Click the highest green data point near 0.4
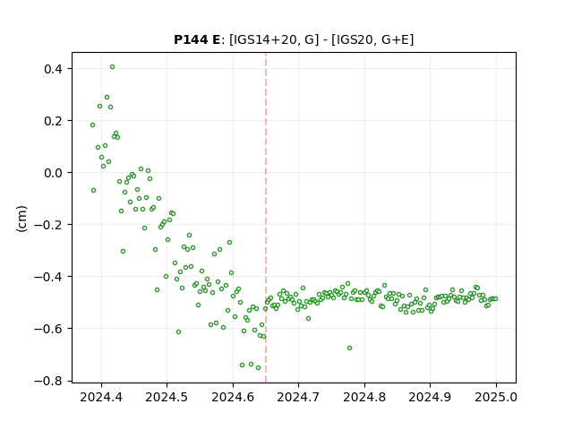click(x=112, y=67)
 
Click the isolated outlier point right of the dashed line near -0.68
click(x=349, y=348)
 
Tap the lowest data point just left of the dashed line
click(x=258, y=368)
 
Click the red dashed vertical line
click(x=266, y=218)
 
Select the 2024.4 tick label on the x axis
click(x=101, y=397)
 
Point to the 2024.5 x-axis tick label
click(x=167, y=397)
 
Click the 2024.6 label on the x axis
click(x=233, y=397)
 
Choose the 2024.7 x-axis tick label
click(x=298, y=397)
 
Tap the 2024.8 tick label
click(x=364, y=397)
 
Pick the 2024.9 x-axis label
click(x=430, y=397)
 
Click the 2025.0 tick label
click(x=496, y=397)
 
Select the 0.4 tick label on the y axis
click(x=55, y=69)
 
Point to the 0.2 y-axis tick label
click(x=55, y=121)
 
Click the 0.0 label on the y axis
click(x=55, y=173)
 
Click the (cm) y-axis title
click(x=21, y=219)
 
